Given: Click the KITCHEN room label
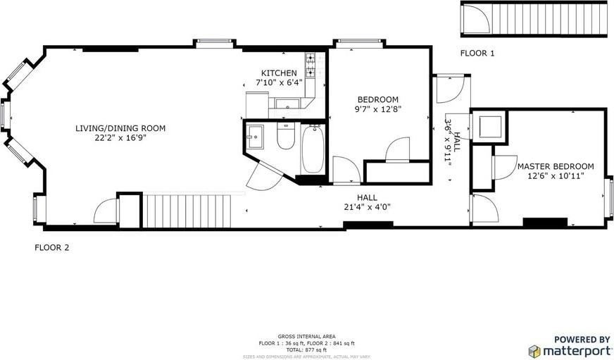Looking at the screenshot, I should pyautogui.click(x=279, y=73).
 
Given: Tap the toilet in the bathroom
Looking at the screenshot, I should pyautogui.click(x=285, y=137).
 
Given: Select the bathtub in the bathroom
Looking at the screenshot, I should pyautogui.click(x=313, y=149).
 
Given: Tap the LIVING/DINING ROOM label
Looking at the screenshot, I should pyautogui.click(x=120, y=128).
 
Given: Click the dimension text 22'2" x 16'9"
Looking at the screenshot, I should pyautogui.click(x=120, y=138).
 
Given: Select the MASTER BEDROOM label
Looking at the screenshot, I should pyautogui.click(x=550, y=166).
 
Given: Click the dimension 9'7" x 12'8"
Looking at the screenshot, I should pyautogui.click(x=377, y=109).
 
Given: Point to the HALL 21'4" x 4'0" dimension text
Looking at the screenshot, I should pyautogui.click(x=366, y=207).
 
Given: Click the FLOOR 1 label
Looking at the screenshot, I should pyautogui.click(x=477, y=54).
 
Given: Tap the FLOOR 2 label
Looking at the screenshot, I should pyautogui.click(x=52, y=248).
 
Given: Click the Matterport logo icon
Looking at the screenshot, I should pyautogui.click(x=535, y=350).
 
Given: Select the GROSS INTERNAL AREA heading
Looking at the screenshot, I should pyautogui.click(x=306, y=336).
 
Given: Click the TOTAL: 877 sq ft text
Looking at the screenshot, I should pyautogui.click(x=306, y=349).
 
